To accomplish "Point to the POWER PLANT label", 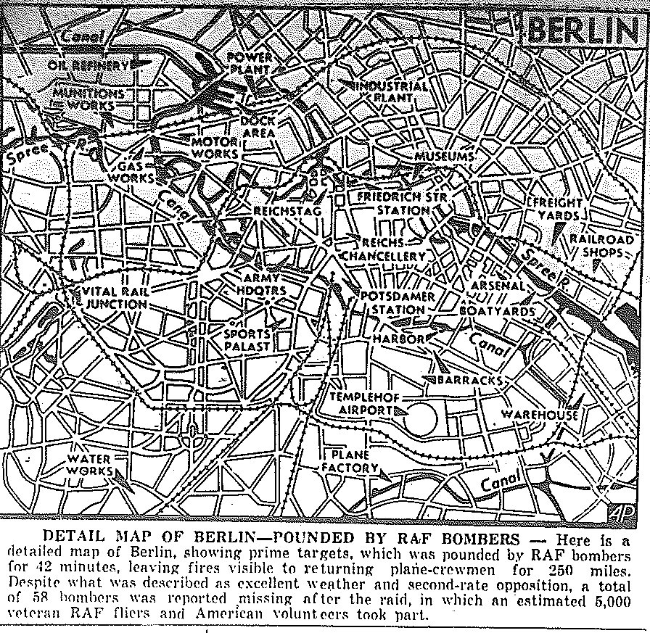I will click(x=250, y=63).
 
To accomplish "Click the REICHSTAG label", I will click(x=282, y=210).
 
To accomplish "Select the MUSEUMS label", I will click(x=445, y=157).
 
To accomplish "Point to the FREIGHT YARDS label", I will click(x=559, y=209).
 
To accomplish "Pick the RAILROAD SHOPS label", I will click(x=601, y=246).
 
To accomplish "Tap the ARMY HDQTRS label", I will click(x=265, y=284).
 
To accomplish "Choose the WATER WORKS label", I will click(x=89, y=465).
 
